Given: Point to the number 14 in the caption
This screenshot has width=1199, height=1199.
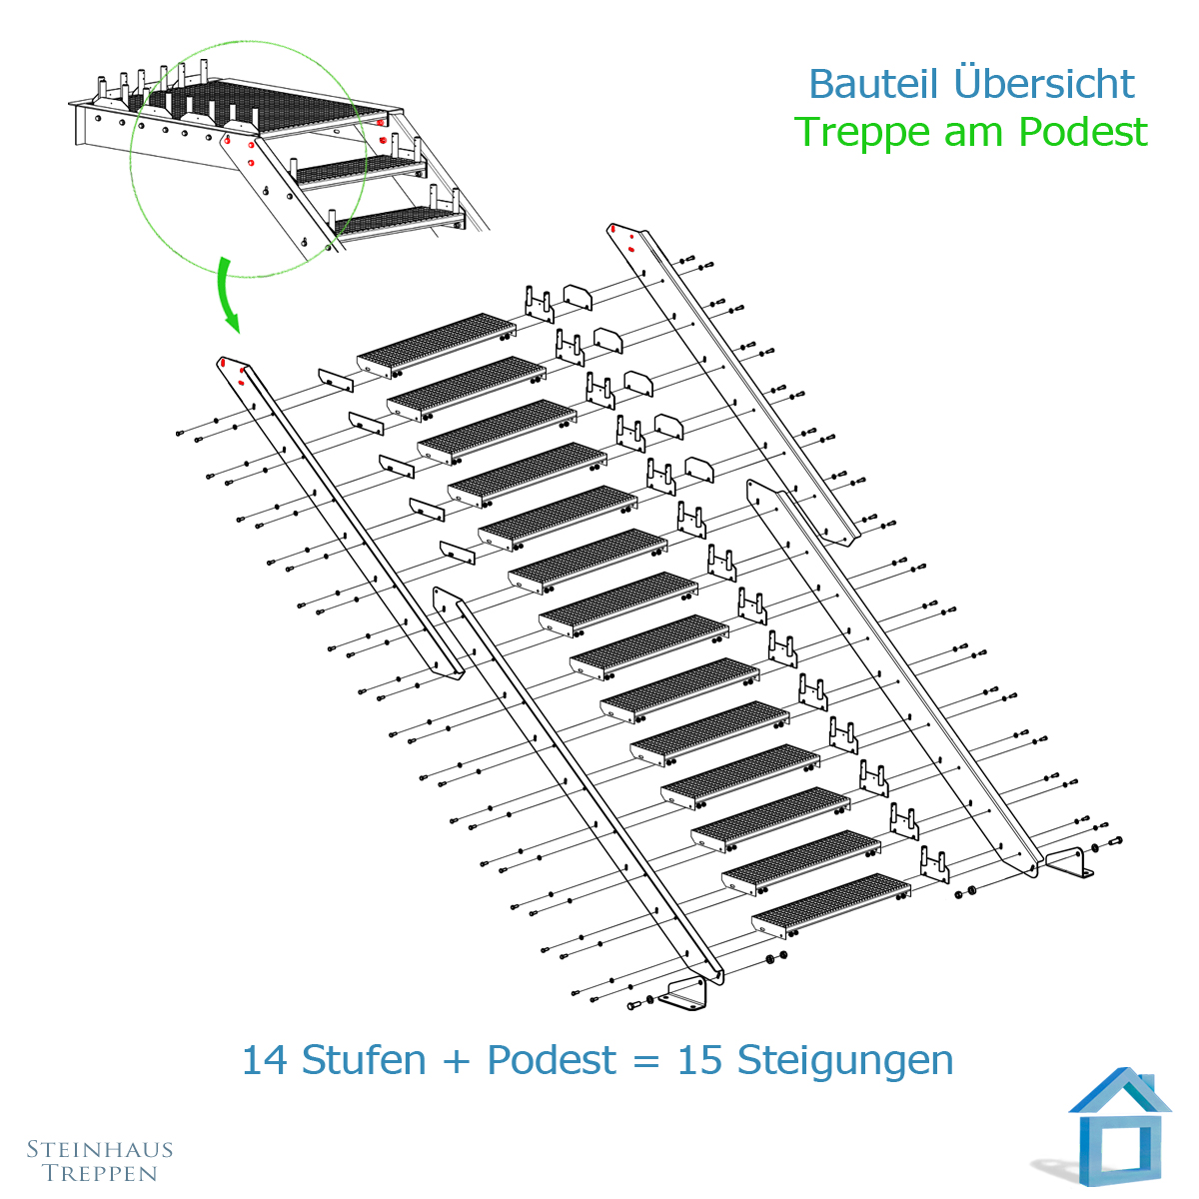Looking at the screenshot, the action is [x=264, y=1060].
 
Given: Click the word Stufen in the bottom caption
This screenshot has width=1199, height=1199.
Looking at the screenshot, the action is [x=364, y=1059].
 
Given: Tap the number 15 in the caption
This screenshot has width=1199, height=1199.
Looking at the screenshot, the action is [x=699, y=1060].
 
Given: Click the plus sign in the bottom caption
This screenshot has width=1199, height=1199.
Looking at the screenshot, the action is [x=457, y=1061].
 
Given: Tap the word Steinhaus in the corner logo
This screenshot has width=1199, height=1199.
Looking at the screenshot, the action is [x=100, y=1149].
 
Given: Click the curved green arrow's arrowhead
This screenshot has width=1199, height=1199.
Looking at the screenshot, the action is [x=231, y=322].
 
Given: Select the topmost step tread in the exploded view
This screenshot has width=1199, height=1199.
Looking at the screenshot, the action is [x=437, y=346].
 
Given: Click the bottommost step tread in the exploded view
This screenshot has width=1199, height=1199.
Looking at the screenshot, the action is [x=831, y=906].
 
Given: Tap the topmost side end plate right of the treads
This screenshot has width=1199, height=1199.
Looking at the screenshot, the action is [x=578, y=298].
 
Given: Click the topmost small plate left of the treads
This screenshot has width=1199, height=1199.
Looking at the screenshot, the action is [x=336, y=380].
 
